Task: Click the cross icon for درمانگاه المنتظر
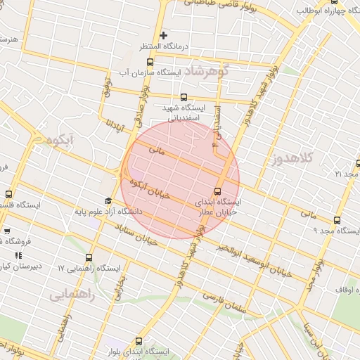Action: (164, 35)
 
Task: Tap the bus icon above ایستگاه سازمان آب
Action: (150, 61)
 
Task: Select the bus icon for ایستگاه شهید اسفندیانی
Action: (184, 97)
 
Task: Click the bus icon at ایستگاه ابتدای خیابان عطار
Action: (217, 191)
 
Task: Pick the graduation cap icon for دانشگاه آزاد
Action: (108, 201)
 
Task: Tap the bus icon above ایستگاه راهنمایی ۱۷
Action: (89, 258)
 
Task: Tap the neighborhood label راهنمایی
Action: (82, 296)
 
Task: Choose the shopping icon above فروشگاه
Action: (7, 230)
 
